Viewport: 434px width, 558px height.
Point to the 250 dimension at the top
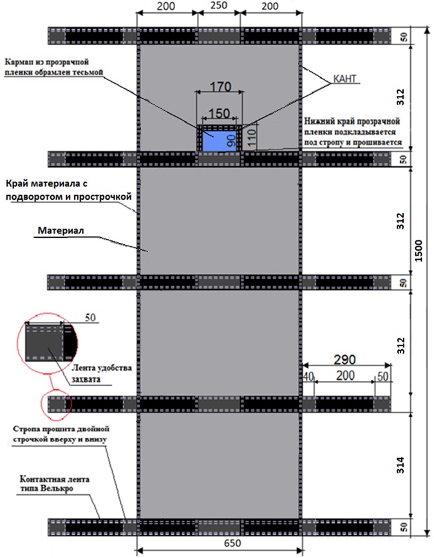click(x=218, y=6)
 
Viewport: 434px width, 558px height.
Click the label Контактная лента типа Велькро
click(x=54, y=485)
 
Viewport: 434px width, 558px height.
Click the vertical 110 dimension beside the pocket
click(x=252, y=133)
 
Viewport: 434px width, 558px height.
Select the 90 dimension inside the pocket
click(x=230, y=140)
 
